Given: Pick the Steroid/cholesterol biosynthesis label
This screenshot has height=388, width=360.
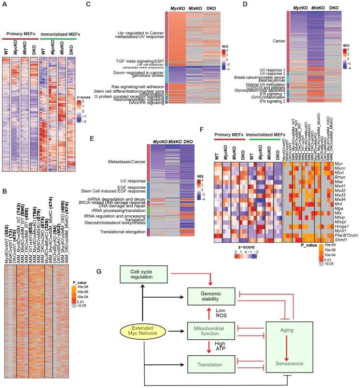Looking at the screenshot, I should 115,223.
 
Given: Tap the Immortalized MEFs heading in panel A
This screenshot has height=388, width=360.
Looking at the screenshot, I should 58,35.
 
